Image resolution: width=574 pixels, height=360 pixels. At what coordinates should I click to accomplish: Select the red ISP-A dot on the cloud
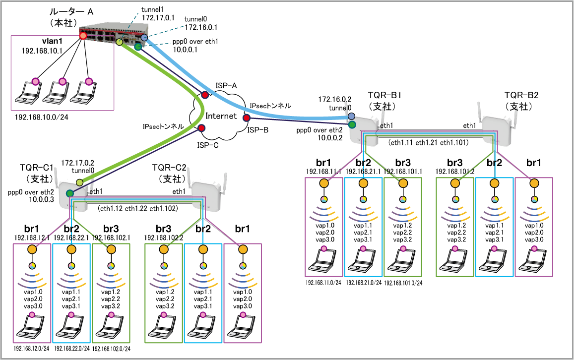coord(204,94)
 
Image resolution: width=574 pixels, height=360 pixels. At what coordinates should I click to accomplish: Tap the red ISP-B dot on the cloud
coord(246,118)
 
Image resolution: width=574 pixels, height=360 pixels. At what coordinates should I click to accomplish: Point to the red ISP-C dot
coord(201,128)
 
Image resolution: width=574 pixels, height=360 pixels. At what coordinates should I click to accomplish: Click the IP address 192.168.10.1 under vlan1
coord(41,51)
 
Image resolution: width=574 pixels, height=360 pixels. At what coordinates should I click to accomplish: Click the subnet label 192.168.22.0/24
coord(72,349)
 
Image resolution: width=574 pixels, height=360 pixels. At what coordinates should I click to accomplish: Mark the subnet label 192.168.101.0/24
coord(403,283)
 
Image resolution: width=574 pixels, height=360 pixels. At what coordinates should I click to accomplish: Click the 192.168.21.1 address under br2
coord(364,172)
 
